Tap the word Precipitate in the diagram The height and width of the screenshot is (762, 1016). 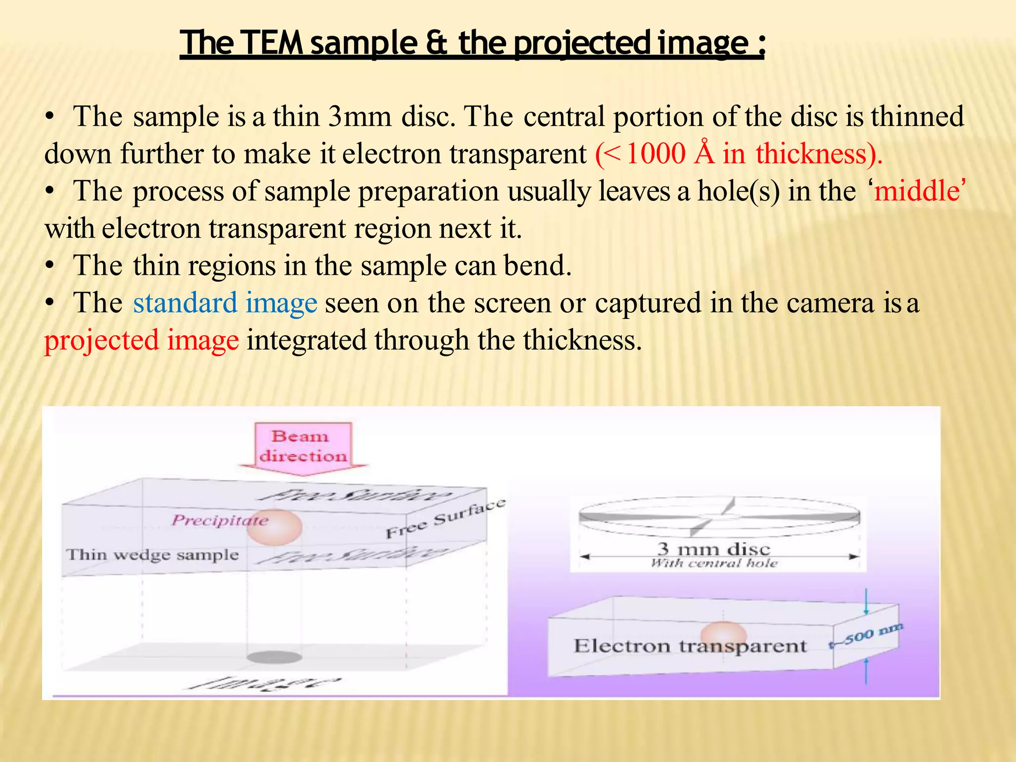[220, 520]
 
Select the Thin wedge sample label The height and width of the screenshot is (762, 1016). [153, 555]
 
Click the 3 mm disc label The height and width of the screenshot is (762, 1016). [714, 549]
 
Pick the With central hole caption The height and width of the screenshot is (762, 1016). [714, 563]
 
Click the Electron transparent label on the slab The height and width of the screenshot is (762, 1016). [690, 646]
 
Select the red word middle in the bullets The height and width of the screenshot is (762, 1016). [916, 191]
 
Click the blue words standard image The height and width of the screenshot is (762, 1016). [225, 303]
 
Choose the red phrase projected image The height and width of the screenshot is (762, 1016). [142, 340]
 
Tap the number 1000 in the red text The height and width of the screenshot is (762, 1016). [656, 154]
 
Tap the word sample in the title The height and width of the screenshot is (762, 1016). [364, 43]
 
